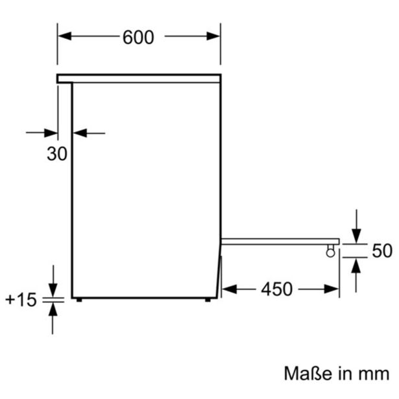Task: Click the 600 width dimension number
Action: coord(138,38)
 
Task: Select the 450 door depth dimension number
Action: coord(276,289)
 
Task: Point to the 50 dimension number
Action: coord(382,250)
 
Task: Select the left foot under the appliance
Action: coord(79,300)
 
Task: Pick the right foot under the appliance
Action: coord(208,300)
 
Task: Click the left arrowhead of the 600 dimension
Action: coord(63,37)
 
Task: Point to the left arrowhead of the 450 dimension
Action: coord(227,289)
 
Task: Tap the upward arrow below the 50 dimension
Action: coord(356,264)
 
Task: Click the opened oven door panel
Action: coord(279,241)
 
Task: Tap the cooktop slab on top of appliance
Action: coord(138,79)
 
